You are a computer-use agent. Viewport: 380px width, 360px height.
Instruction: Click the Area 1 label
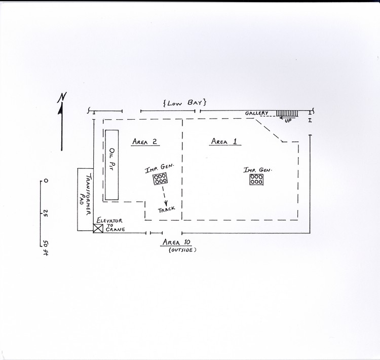click(x=224, y=141)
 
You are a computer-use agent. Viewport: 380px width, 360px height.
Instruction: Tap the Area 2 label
click(x=145, y=141)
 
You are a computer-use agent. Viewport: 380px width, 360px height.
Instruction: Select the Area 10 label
click(x=177, y=242)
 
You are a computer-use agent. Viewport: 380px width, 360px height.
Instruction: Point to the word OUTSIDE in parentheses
click(x=182, y=250)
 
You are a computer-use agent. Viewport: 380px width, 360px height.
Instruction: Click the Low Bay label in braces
click(x=184, y=103)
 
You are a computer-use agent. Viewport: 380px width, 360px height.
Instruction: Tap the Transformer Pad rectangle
click(x=85, y=199)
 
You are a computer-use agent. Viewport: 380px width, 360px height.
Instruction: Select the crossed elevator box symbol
click(x=98, y=229)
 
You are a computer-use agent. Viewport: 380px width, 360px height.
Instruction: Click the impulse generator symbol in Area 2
click(x=160, y=179)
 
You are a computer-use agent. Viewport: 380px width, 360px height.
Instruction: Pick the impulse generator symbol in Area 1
click(x=256, y=179)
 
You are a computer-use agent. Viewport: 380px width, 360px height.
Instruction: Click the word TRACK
click(x=167, y=209)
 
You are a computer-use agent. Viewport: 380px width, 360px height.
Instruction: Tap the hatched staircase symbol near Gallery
click(x=287, y=113)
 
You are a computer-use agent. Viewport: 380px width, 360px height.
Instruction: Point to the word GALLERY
click(x=257, y=113)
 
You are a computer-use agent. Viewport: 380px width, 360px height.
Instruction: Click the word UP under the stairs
click(x=288, y=121)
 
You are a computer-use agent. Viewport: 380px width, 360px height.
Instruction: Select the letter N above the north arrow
click(x=62, y=97)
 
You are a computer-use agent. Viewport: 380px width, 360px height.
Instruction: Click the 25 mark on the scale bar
click(x=45, y=213)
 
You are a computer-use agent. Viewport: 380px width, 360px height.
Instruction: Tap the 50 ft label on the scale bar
click(x=45, y=247)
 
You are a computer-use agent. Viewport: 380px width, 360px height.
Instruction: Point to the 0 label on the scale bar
click(x=46, y=181)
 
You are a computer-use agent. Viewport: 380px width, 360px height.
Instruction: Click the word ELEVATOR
click(x=109, y=221)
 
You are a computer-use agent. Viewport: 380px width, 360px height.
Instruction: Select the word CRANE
click(x=116, y=229)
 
